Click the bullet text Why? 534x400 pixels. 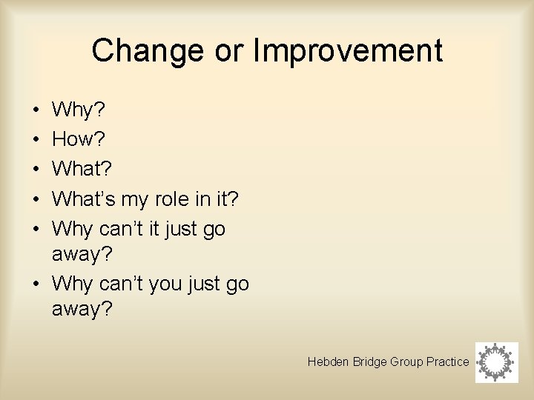pyautogui.click(x=79, y=110)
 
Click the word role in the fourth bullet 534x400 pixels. pyautogui.click(x=172, y=199)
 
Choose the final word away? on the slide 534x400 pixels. pyautogui.click(x=82, y=309)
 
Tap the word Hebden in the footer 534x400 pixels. pyautogui.click(x=324, y=361)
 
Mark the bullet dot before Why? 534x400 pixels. pyautogui.click(x=36, y=111)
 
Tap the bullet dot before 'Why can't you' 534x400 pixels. pyautogui.click(x=36, y=284)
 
